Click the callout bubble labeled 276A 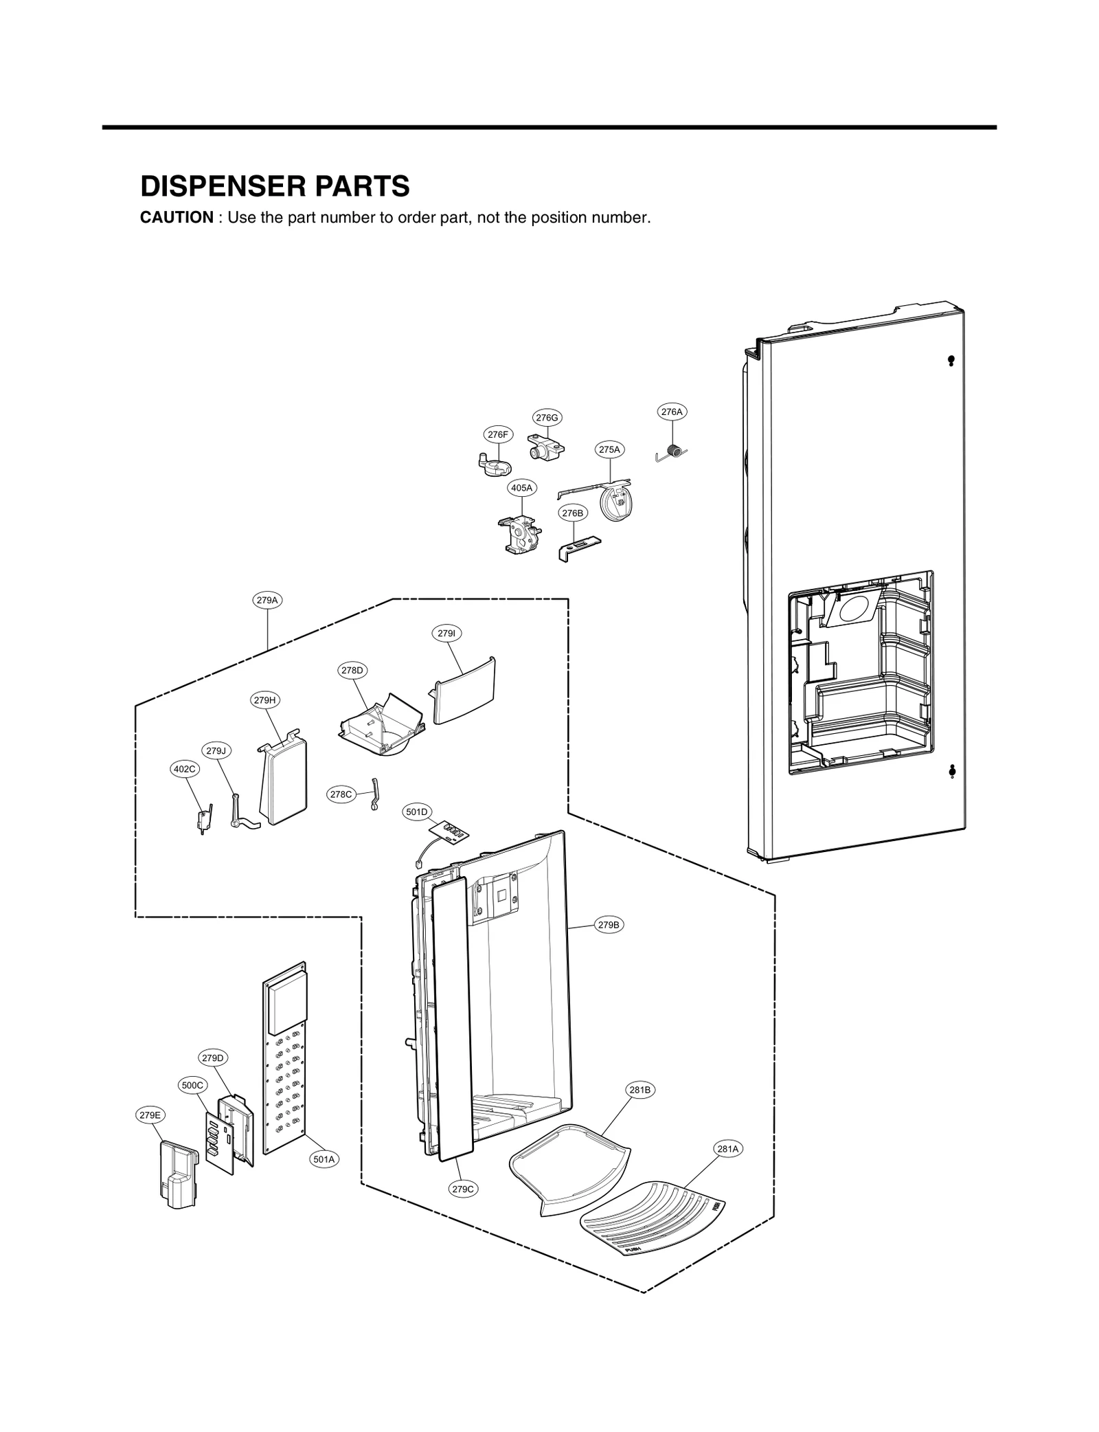[671, 412]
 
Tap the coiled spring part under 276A [676, 451]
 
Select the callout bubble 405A [521, 488]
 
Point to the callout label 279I [446, 633]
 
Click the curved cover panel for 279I [465, 691]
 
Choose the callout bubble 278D [352, 670]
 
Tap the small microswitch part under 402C [203, 819]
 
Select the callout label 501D [416, 812]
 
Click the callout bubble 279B [609, 925]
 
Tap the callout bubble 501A [324, 1159]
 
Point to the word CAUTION [177, 218]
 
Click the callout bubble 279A [267, 600]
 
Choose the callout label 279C [462, 1189]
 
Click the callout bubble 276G [547, 417]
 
